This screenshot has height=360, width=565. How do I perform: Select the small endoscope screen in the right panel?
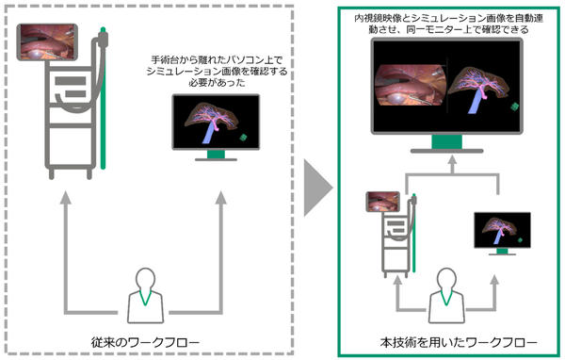pos(386,201)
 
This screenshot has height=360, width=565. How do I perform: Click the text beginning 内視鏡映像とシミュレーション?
pos(445,24)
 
